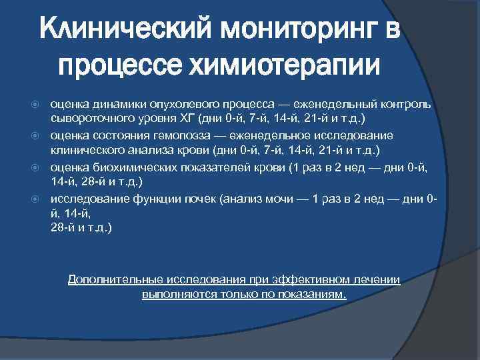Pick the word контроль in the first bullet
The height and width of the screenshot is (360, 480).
coord(407,105)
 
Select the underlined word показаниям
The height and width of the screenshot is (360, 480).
coord(315,293)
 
